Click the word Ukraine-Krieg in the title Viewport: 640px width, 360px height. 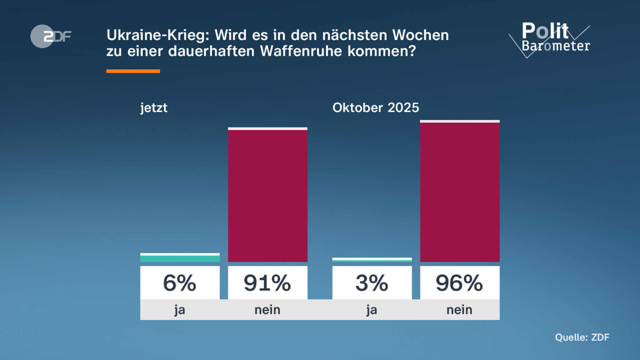(x=157, y=35)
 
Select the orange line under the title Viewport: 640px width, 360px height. (x=133, y=71)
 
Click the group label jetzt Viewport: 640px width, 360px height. (x=154, y=108)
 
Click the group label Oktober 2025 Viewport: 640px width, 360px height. (x=376, y=108)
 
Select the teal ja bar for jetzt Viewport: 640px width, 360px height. (x=180, y=258)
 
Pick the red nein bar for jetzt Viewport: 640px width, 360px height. (x=268, y=195)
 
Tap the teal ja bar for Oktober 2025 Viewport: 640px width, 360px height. (x=372, y=260)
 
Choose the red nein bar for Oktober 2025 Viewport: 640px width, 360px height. (x=460, y=192)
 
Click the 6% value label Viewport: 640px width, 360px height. (x=180, y=283)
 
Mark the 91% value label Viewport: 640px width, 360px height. (x=268, y=283)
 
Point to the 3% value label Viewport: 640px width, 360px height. (x=372, y=283)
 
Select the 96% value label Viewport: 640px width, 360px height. (x=460, y=283)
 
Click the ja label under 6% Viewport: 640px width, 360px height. (x=180, y=310)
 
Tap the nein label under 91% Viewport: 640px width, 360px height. (x=268, y=310)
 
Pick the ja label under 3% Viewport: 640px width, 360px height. (x=372, y=310)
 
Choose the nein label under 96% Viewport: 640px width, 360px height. (x=460, y=310)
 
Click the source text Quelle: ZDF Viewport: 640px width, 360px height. (x=582, y=337)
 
